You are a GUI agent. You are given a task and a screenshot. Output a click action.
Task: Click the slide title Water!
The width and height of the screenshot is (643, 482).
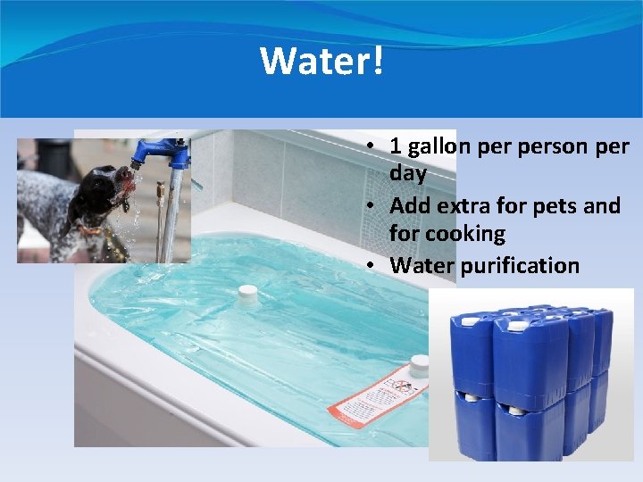[321, 60]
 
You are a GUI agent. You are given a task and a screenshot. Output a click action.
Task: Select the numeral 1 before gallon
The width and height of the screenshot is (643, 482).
[397, 145]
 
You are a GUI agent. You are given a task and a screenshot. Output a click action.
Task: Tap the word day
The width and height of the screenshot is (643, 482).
[408, 173]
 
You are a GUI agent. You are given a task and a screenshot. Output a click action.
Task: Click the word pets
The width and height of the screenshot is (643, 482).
[558, 205]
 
